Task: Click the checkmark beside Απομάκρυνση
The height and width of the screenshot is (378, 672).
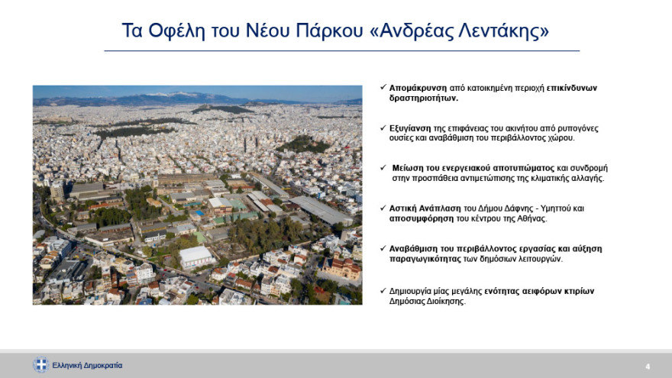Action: coord(383,88)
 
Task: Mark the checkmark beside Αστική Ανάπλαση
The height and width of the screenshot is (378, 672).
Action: coord(383,207)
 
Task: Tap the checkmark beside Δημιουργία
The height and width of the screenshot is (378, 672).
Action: coord(383,291)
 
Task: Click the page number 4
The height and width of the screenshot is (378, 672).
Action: coord(648,365)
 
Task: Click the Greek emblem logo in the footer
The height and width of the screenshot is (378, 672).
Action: coord(40,365)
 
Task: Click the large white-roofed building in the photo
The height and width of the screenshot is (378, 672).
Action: coord(195,256)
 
